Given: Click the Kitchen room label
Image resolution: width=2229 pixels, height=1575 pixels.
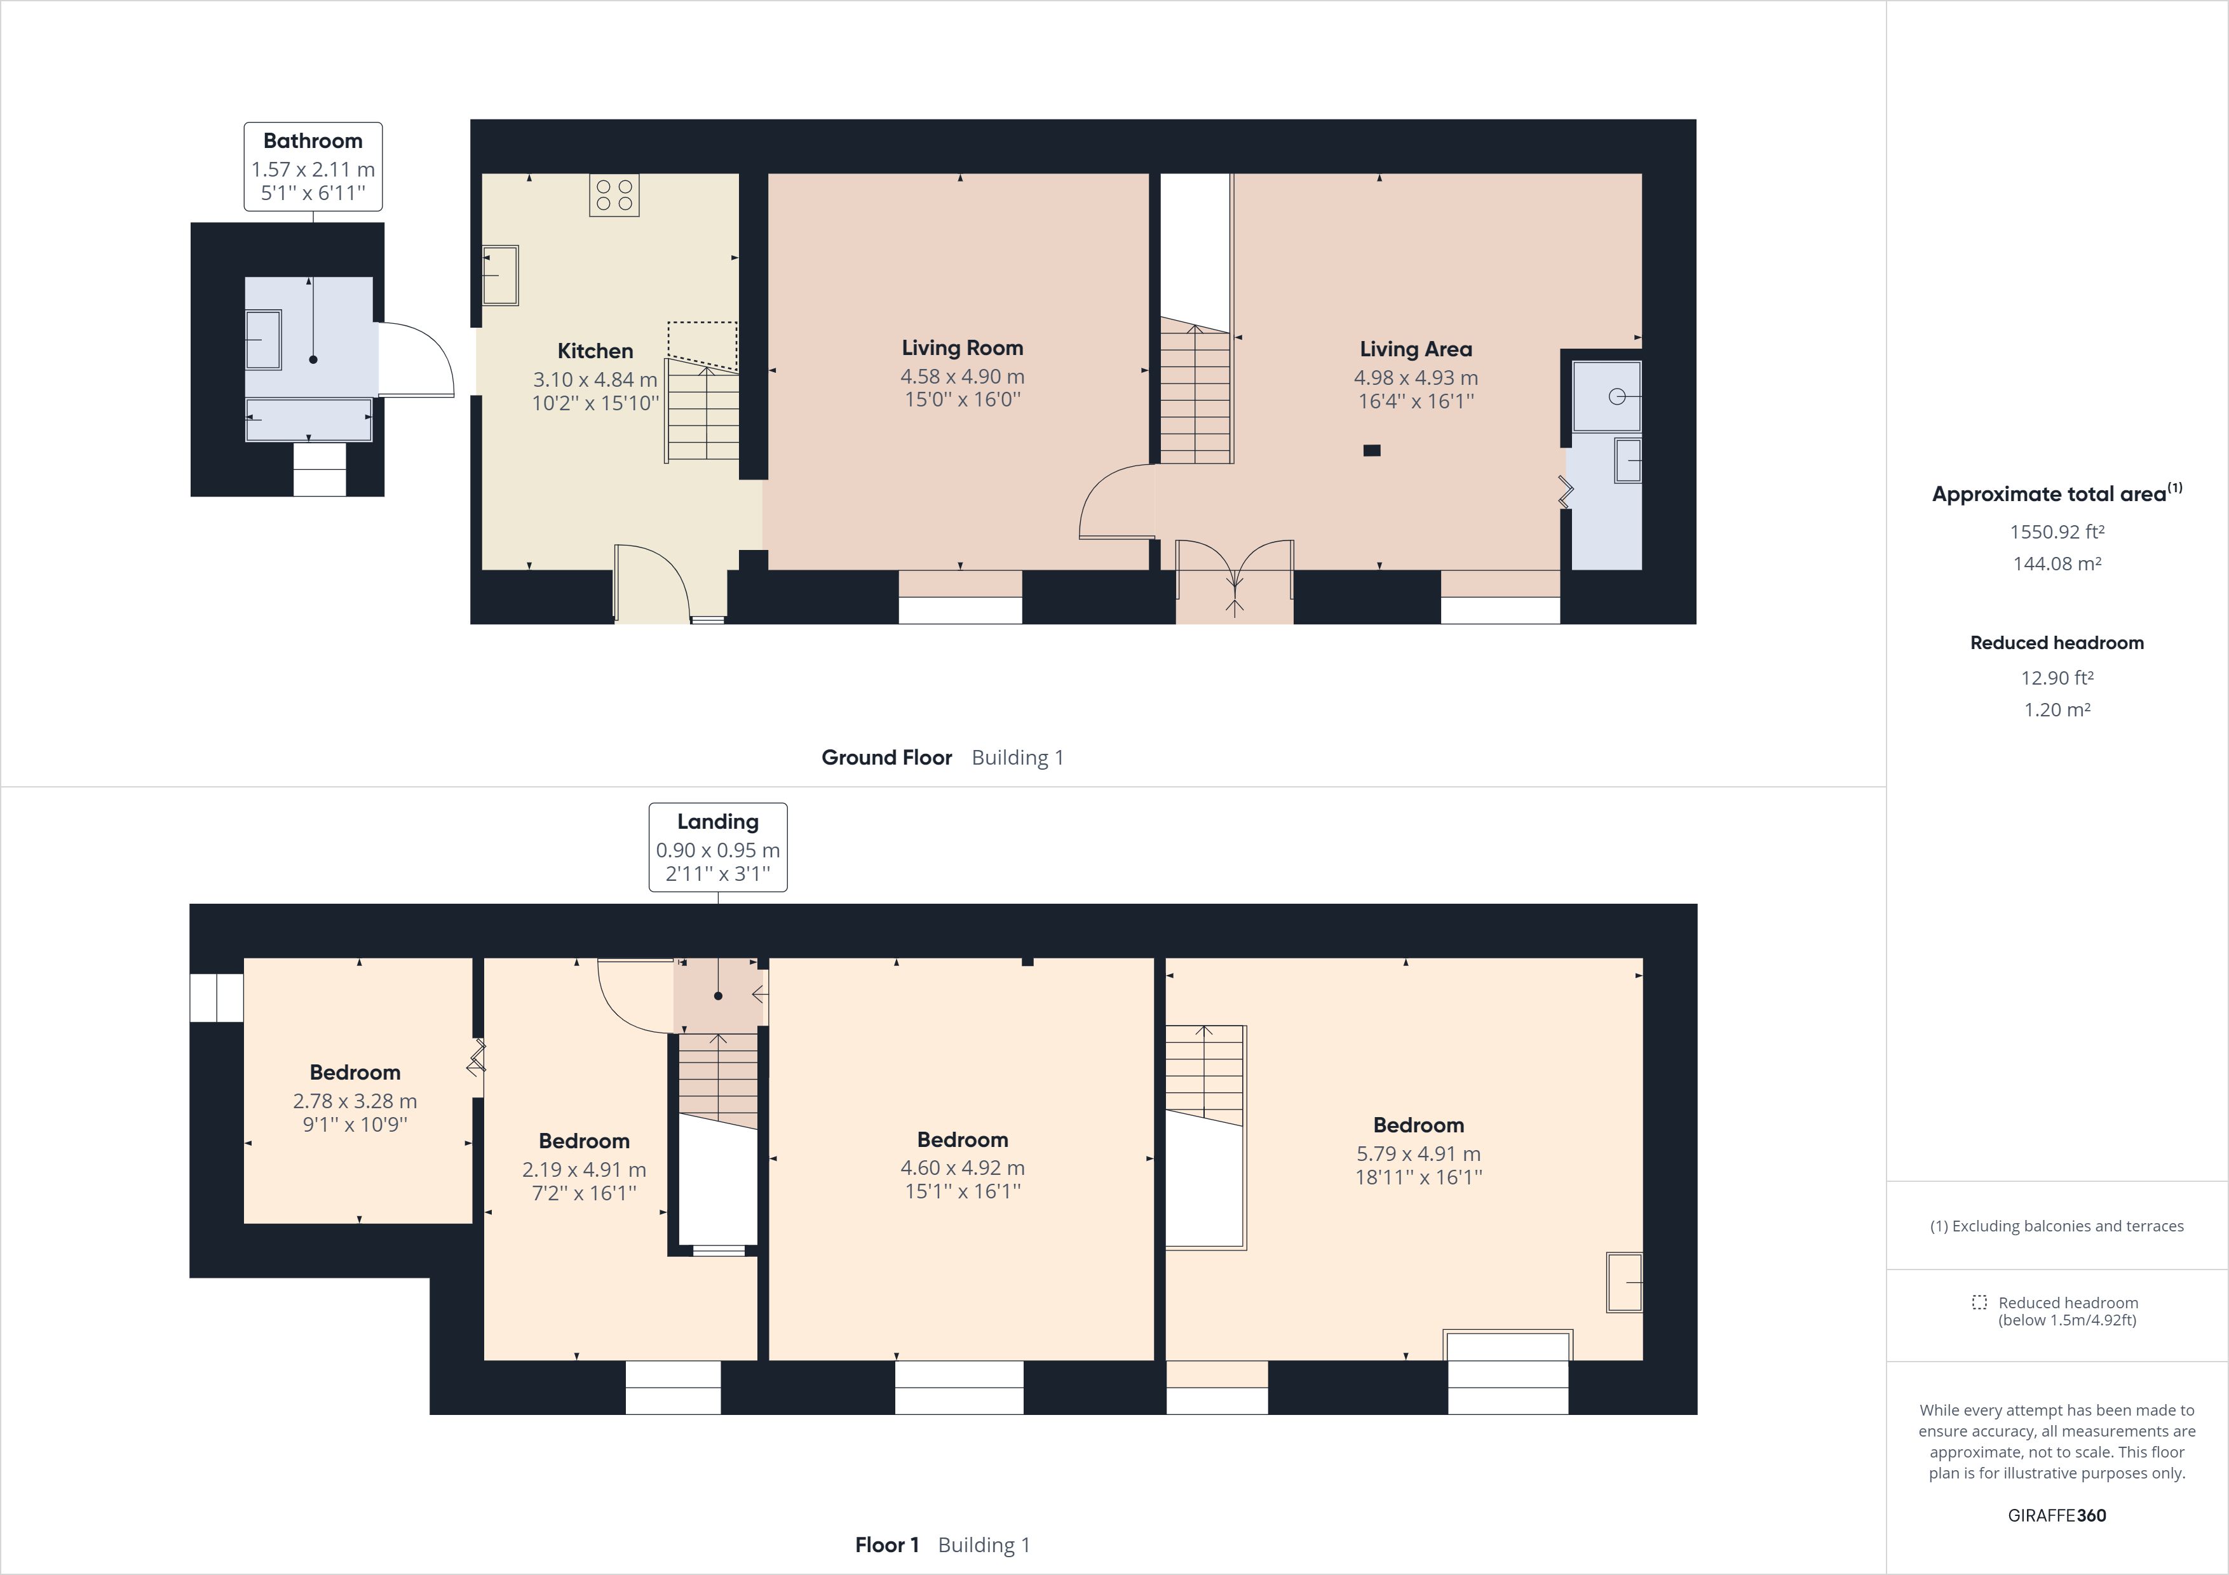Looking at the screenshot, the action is point(595,351).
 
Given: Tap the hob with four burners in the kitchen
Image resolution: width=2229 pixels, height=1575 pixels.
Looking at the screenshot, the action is point(614,195).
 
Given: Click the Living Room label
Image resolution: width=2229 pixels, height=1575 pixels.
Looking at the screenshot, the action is point(962,347).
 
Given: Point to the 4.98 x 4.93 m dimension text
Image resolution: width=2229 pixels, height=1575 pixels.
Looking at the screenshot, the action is point(1416,377).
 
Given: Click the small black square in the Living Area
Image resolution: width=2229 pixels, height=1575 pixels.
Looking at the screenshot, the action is point(1372,450).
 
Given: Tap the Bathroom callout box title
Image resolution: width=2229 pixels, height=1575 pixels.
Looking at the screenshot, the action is point(313,141).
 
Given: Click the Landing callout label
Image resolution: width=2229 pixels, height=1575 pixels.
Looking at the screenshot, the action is point(717,822).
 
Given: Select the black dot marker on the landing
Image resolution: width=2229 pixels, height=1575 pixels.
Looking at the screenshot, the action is point(719,996).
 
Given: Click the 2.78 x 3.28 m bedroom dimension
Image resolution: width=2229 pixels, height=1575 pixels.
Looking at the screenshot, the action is point(355,1101).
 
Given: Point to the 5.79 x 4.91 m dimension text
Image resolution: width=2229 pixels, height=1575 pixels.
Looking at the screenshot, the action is point(1418,1154).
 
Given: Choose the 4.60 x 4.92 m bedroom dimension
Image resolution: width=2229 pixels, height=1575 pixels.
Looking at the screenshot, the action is point(962,1169).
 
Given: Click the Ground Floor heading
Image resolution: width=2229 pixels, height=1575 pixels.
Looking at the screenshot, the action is point(886,758).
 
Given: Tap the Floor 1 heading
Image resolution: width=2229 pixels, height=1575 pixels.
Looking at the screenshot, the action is point(886,1545).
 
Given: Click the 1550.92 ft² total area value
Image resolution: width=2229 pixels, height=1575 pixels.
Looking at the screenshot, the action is point(2056,532).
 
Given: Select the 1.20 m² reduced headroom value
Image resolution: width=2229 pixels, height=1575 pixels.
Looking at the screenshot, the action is point(2056,711).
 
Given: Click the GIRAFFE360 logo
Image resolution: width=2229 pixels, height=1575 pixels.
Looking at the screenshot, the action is point(2056,1516).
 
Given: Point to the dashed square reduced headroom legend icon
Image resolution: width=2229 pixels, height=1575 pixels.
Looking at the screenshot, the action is point(1979,1303).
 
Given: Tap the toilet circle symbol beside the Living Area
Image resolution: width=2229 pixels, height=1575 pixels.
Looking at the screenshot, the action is point(1616,396).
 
